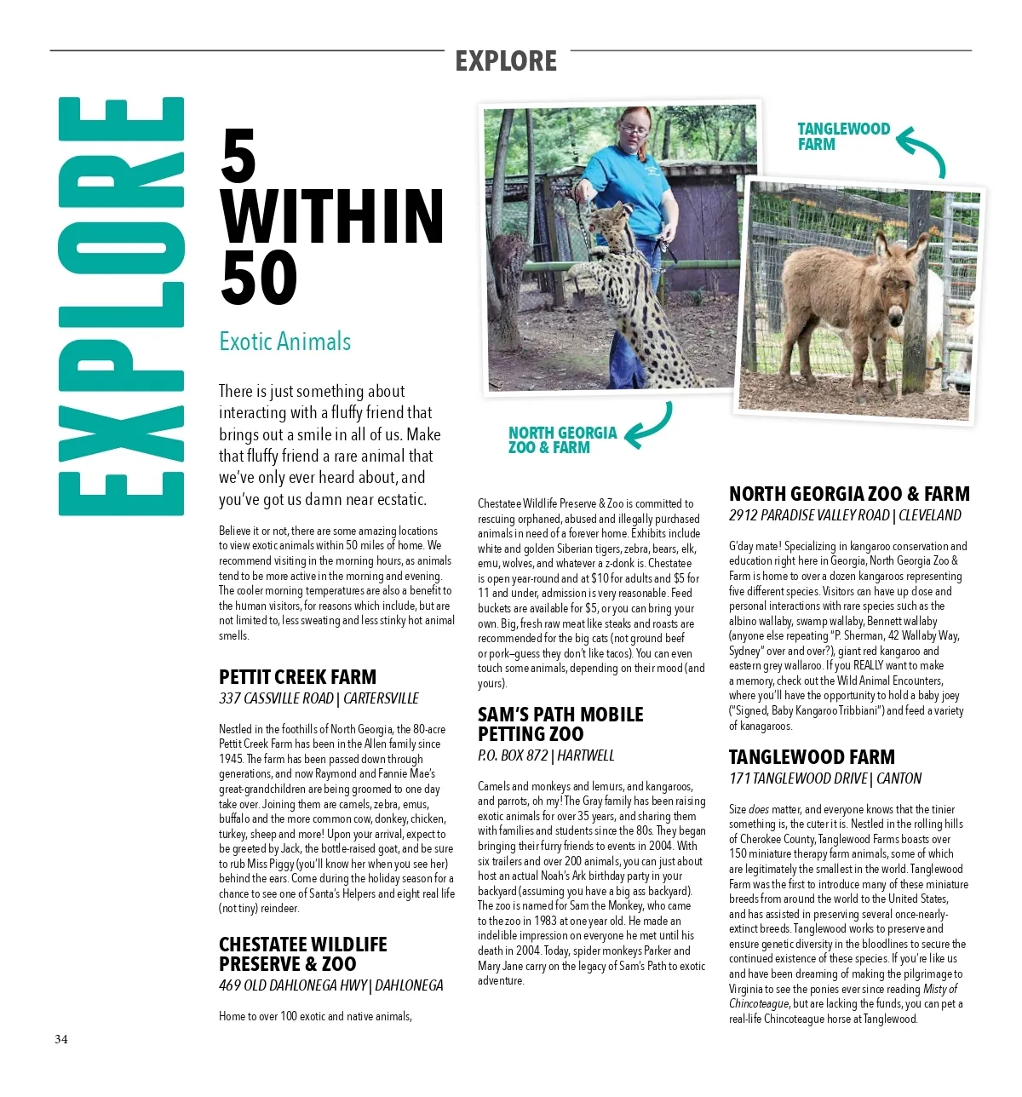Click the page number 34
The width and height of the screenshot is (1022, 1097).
[x=61, y=1039]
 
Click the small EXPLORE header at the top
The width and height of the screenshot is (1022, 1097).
[x=506, y=61]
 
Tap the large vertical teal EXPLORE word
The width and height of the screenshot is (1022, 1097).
[x=122, y=307]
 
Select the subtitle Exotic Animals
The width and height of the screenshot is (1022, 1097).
[x=284, y=342]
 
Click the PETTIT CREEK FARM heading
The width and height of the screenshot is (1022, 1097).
[x=297, y=677]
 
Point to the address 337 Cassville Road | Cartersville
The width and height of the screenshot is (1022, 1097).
[x=319, y=698]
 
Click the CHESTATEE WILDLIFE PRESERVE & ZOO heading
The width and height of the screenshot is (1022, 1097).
[x=302, y=954]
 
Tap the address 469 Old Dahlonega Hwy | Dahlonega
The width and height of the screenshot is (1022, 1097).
[x=330, y=985]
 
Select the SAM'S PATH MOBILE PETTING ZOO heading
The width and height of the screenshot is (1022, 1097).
[x=560, y=724]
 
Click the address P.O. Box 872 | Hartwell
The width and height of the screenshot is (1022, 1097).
[x=545, y=755]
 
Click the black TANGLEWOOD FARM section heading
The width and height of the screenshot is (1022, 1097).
[x=811, y=757]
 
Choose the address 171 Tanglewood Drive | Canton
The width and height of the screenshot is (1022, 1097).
[x=824, y=778]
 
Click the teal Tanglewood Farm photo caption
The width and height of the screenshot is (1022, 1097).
[x=842, y=136]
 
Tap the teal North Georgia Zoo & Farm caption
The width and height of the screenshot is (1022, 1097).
[x=562, y=439]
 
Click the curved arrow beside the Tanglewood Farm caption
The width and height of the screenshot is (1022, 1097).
[x=922, y=151]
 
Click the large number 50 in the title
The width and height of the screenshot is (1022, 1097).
[x=259, y=279]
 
